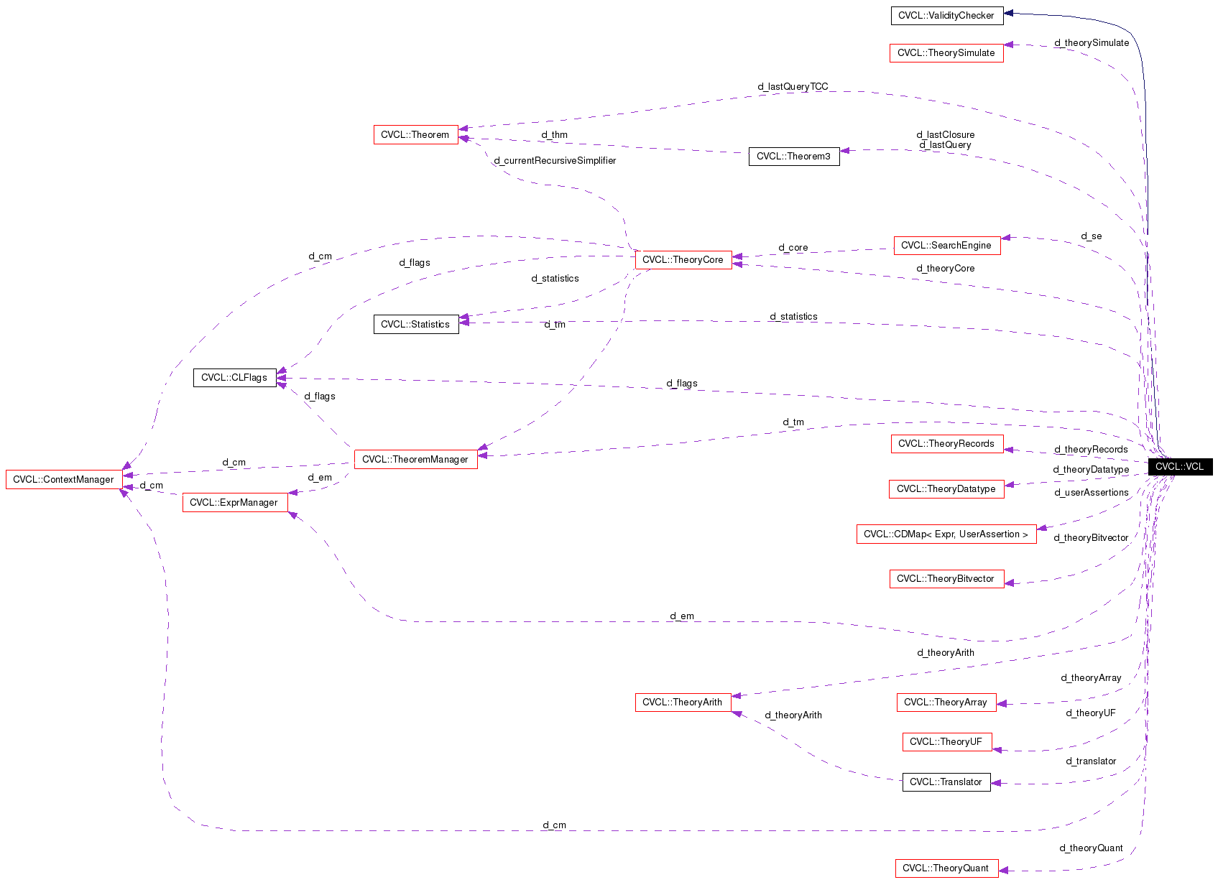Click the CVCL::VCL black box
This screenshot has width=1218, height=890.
click(x=1179, y=466)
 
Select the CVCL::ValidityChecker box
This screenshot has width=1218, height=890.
click(x=946, y=15)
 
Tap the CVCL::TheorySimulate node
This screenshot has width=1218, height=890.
click(x=946, y=52)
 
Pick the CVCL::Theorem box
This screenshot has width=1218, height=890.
click(x=415, y=134)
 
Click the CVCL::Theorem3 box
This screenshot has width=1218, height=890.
click(x=793, y=156)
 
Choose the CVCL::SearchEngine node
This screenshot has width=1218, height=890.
click(x=946, y=245)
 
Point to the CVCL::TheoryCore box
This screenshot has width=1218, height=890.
click(x=683, y=259)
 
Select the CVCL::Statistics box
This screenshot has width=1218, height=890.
click(x=415, y=324)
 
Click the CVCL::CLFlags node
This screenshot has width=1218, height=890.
click(x=234, y=377)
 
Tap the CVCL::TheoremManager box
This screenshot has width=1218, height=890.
click(x=415, y=459)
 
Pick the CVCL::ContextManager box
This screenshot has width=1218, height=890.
click(x=63, y=479)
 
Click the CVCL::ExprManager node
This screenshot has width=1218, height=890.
click(x=234, y=502)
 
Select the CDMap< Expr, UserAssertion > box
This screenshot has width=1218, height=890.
click(x=946, y=534)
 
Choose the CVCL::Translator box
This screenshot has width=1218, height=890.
click(x=946, y=782)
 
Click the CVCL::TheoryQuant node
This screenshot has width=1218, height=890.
click(x=946, y=868)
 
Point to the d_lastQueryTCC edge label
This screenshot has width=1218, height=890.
click(x=793, y=86)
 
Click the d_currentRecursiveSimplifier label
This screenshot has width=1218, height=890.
click(x=555, y=160)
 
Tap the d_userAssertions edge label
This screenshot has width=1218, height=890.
click(x=1091, y=492)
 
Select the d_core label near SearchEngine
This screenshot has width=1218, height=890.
click(x=793, y=247)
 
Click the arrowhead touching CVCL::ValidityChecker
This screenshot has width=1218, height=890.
click(x=1008, y=13)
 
